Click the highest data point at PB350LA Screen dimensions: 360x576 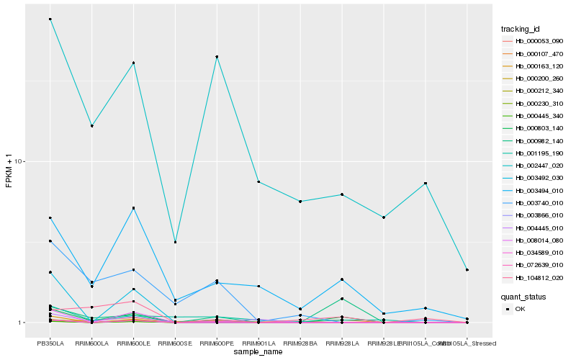pyautogui.click(x=50, y=19)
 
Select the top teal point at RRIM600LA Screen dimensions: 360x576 pyautogui.click(x=92, y=126)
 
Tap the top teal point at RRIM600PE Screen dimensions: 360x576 pyautogui.click(x=217, y=57)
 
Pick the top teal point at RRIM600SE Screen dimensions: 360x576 pyautogui.click(x=176, y=242)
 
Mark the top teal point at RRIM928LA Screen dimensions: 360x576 pyautogui.click(x=342, y=194)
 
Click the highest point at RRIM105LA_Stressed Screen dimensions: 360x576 pyautogui.click(x=467, y=270)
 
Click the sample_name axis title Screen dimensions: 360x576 pyautogui.click(x=258, y=353)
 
